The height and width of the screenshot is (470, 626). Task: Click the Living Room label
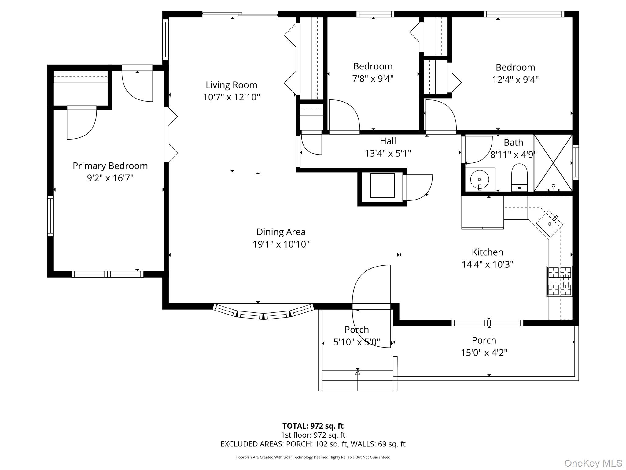pos(231,85)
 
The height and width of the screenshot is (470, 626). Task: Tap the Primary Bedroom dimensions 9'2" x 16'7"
pos(110,178)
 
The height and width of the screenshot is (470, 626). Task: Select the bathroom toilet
pos(519,177)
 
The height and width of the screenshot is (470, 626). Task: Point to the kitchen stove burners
pos(559,281)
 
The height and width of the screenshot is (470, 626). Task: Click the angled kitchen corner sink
pos(550,224)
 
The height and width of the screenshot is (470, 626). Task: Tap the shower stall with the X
pos(553,163)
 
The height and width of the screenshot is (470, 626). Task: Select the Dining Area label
pos(281,232)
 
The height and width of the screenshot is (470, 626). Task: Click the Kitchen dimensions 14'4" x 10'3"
pos(487,264)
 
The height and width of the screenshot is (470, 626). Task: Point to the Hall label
pos(388,141)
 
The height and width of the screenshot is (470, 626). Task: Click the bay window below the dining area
pos(263,311)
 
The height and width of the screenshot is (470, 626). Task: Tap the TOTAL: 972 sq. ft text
pos(313,426)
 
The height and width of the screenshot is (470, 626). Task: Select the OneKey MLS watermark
pos(593,463)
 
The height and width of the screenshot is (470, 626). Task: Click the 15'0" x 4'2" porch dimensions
pos(484,352)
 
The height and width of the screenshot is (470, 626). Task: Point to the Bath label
pos(514,143)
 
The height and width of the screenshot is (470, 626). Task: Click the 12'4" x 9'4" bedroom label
pos(515,73)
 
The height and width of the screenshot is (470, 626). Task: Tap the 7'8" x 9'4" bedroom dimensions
pos(373,79)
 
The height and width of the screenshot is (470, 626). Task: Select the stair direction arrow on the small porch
pos(358,379)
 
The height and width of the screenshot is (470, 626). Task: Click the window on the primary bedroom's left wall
pos(50,216)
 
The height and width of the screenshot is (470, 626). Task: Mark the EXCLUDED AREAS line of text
pos(313,444)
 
